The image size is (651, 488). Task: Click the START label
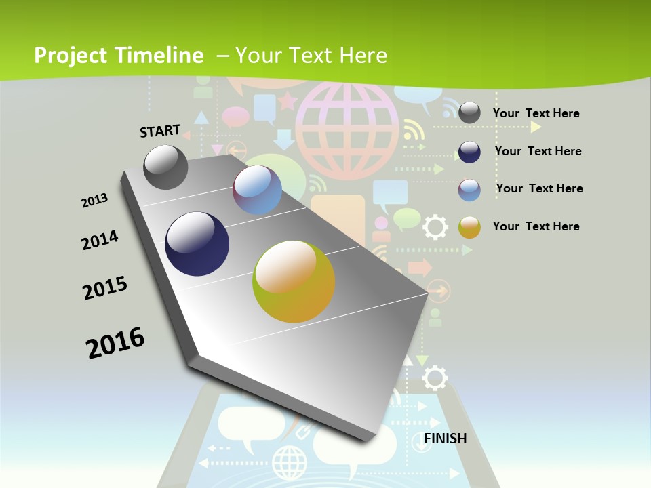[x=160, y=130]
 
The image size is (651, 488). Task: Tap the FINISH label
[x=446, y=439]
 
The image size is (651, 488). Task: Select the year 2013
[x=94, y=201]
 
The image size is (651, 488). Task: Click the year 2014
[x=100, y=240]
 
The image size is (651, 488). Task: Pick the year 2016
[x=115, y=343]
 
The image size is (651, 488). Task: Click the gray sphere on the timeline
[x=166, y=167]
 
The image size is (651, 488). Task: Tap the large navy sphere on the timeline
[x=197, y=244]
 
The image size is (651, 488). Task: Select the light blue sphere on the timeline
[x=257, y=190]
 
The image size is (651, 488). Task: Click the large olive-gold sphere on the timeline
[x=294, y=281]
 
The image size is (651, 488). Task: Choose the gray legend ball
[x=469, y=113]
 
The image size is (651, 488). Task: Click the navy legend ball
[x=469, y=152]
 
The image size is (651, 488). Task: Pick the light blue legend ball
[x=469, y=190]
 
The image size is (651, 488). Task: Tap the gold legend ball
[x=469, y=227]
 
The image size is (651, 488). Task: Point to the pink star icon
[x=288, y=102]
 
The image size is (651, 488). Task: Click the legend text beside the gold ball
[x=536, y=226]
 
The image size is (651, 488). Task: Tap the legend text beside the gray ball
[x=536, y=113]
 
